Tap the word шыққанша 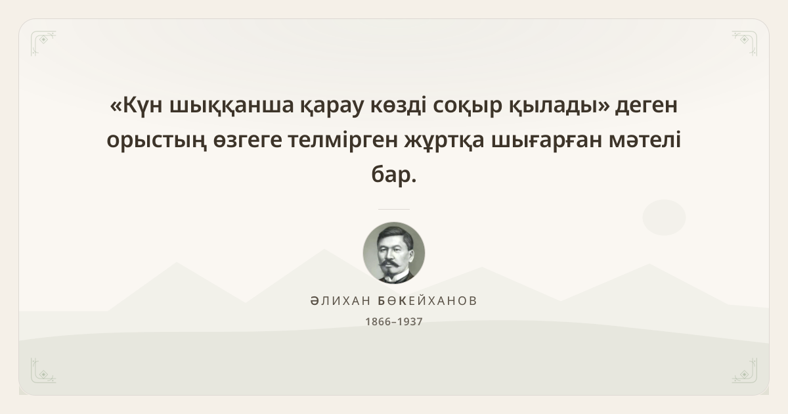pos(231,106)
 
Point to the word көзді pos(398,106)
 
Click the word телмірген pos(343,140)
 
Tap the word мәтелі pos(645,139)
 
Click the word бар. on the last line pos(394,174)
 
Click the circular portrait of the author pos(394,253)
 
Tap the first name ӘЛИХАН pos(340,301)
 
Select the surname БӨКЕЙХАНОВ pos(427,301)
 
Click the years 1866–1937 pos(394,322)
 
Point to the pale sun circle pos(664,218)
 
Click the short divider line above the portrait pos(394,209)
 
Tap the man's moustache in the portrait pos(391,264)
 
